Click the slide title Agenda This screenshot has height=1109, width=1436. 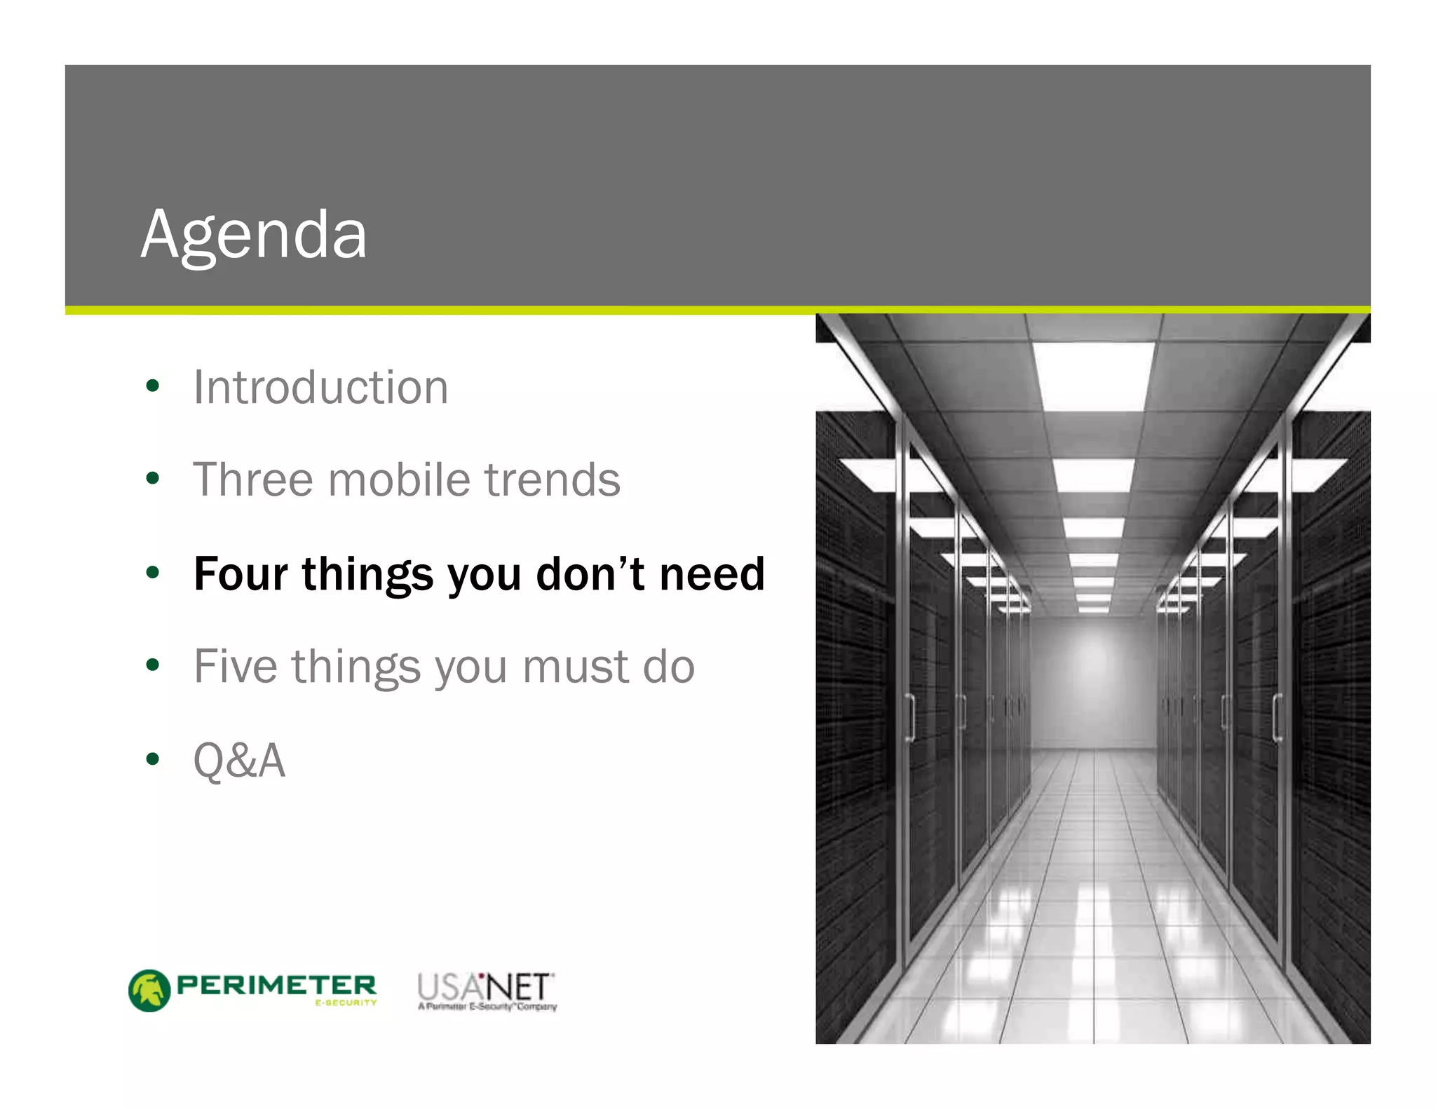tap(254, 235)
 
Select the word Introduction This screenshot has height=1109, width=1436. tap(320, 387)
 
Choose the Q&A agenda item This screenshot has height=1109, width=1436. tap(239, 760)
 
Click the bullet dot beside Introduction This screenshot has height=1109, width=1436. tap(153, 386)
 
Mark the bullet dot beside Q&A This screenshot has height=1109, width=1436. tap(153, 759)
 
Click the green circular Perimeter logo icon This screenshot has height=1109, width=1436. tap(149, 991)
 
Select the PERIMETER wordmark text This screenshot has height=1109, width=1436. tap(276, 985)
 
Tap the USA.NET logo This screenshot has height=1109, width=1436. tap(486, 989)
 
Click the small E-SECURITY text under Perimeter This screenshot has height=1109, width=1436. tap(346, 1003)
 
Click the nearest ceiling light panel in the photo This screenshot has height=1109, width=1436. tap(1092, 376)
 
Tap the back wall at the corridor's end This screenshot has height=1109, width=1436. tap(1092, 680)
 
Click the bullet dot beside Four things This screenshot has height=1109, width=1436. tap(153, 573)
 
